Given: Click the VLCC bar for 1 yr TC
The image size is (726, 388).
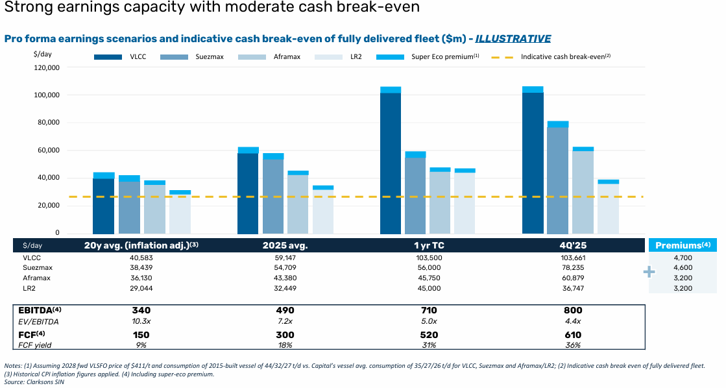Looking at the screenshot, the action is click(391, 160).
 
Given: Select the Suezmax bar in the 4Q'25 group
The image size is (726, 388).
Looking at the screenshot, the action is click(557, 177).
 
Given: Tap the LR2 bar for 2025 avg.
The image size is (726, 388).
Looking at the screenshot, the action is click(322, 210).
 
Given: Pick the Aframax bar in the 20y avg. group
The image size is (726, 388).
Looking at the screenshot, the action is click(154, 207).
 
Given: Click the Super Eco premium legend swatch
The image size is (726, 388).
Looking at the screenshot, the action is click(391, 57).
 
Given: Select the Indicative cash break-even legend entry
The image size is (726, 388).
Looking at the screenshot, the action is click(551, 56).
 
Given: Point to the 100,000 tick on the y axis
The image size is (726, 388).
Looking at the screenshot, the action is click(47, 95).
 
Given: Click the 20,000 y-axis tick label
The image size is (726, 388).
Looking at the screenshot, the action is click(49, 206).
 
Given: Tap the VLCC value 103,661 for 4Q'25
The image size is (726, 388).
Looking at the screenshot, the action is click(573, 258).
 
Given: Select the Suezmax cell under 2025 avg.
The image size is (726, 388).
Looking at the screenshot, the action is click(285, 267).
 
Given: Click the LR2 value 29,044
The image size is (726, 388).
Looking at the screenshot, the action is click(141, 288).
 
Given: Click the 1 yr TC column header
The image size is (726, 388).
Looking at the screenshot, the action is click(429, 245).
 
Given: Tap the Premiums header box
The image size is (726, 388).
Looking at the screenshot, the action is click(683, 245).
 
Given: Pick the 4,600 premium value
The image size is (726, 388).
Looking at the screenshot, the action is click(683, 267).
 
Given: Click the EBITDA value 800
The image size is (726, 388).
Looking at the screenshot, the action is click(573, 310).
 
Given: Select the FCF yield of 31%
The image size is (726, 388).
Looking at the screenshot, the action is click(429, 345).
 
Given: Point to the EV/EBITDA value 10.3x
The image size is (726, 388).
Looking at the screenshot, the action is click(141, 321).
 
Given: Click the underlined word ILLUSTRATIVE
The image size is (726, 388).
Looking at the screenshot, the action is click(513, 39).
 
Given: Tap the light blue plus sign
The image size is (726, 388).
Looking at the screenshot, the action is click(649, 272).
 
